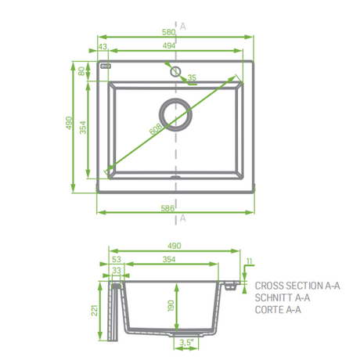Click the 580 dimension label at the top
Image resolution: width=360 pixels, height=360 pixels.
(168, 32)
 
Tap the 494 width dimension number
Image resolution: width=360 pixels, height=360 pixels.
(169, 45)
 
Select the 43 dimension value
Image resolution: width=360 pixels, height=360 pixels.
(103, 46)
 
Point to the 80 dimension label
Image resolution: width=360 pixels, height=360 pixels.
(81, 71)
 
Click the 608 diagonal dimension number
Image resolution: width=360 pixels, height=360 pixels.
(156, 129)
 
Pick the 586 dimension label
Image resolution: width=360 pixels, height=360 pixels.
(167, 208)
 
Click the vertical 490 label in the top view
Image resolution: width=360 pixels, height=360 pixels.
(69, 123)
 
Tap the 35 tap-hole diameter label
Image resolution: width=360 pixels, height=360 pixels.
(192, 77)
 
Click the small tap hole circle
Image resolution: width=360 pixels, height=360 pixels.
(175, 71)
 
